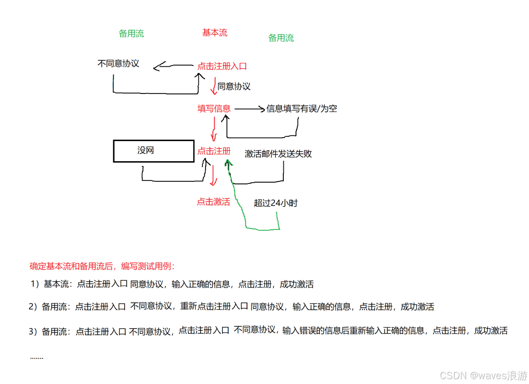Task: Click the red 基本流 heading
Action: point(215,33)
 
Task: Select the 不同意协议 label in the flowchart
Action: point(118,63)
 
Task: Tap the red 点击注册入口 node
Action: point(222,66)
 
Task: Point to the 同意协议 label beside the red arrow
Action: point(234,86)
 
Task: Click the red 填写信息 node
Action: point(214,108)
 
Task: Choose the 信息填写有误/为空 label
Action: point(302,108)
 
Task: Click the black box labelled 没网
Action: point(153,151)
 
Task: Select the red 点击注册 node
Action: point(214,151)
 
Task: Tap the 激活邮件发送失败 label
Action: point(278,154)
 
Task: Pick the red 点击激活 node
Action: point(213,202)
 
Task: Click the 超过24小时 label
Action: point(275,203)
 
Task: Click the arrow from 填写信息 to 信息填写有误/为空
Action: point(249,109)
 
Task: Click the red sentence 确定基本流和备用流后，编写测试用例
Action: point(102,266)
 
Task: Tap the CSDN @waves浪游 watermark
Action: point(484,375)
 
